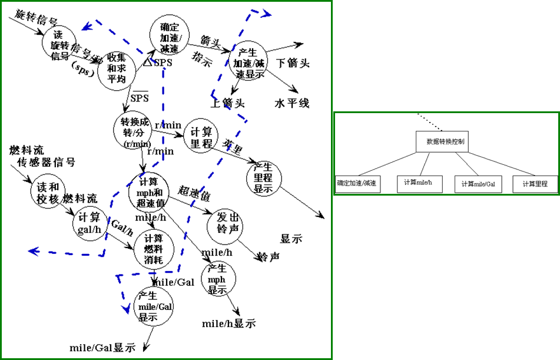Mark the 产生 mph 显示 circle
[x=218, y=280]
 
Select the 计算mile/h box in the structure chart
[x=419, y=184]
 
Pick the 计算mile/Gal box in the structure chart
[x=478, y=184]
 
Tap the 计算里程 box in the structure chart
[x=535, y=184]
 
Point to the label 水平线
[x=292, y=103]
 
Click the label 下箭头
[x=293, y=63]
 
